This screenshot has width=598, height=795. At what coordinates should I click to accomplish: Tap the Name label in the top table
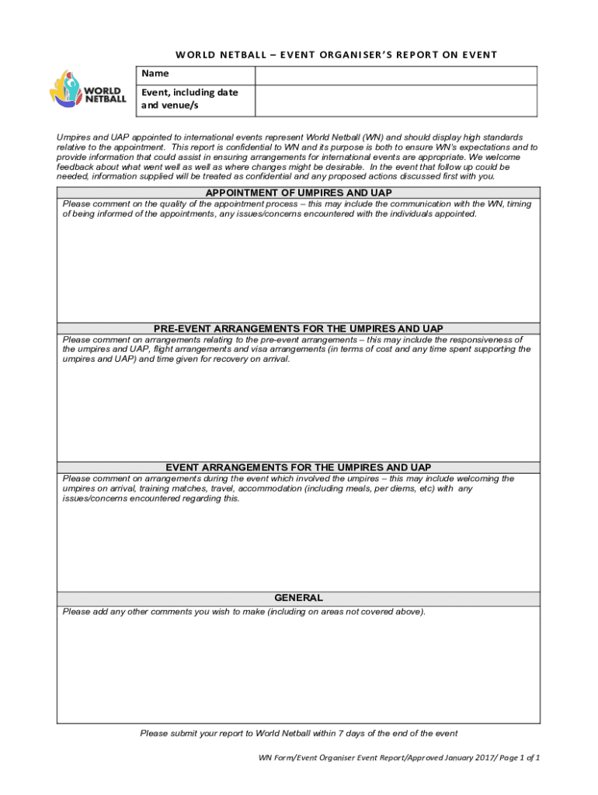click(155, 74)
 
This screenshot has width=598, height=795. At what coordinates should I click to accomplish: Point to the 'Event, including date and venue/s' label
click(189, 99)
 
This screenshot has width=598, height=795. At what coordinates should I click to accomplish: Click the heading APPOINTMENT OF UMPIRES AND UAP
click(298, 193)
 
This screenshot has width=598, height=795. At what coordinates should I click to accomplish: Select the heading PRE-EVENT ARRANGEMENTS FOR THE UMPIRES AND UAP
click(298, 329)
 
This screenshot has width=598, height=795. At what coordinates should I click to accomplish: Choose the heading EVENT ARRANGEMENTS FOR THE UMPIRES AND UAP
click(298, 467)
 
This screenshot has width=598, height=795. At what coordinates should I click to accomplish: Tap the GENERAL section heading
click(298, 598)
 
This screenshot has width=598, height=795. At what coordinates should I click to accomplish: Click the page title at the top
click(336, 54)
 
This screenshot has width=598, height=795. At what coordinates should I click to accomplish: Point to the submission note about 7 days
click(298, 733)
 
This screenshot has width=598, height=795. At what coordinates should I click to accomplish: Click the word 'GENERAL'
click(298, 598)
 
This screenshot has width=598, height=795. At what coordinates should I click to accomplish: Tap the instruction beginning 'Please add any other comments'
click(244, 612)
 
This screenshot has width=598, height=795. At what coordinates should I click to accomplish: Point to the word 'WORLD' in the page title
click(196, 54)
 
